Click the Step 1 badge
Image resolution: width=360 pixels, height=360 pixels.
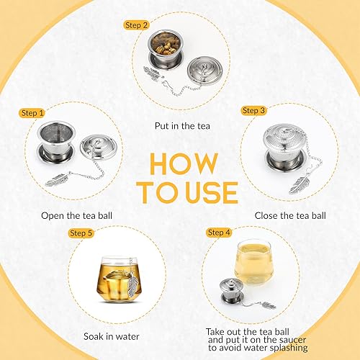(32, 113)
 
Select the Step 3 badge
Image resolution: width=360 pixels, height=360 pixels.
(254, 110)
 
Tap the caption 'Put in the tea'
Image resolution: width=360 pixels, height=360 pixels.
(180, 125)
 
